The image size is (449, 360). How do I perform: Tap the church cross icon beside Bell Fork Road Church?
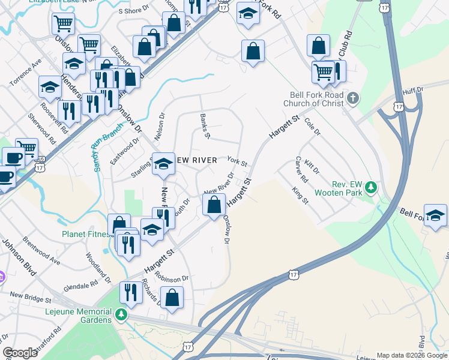(x=353, y=97)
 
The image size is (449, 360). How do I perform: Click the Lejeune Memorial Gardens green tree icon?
(x=122, y=314)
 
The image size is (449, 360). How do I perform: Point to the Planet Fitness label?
(x=85, y=234)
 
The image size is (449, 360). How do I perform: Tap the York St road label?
(x=237, y=161)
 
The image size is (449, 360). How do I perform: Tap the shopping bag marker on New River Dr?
(x=214, y=205)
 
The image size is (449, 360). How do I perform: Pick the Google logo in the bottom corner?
(x=20, y=353)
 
